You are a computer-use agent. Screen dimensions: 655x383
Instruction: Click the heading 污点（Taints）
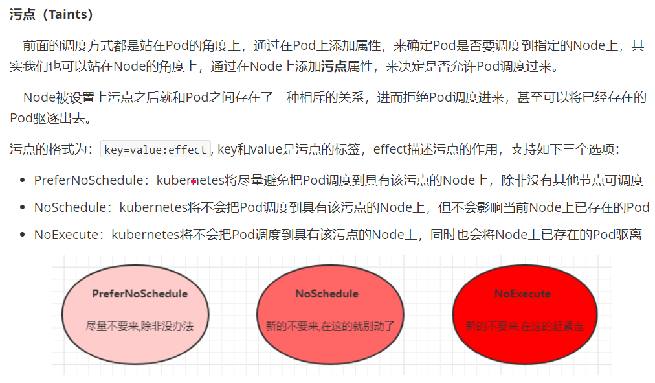coord(51,14)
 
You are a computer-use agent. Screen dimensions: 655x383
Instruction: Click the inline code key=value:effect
coord(155,150)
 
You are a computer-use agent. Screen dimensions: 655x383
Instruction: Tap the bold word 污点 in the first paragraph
coord(334,65)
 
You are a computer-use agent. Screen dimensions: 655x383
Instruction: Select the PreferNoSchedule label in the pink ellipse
coord(140,294)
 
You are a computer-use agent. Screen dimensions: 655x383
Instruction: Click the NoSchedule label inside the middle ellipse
coord(327,294)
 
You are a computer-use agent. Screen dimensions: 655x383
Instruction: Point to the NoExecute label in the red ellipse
coord(522,294)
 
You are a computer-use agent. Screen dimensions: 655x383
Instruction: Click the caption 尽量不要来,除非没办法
coord(140,325)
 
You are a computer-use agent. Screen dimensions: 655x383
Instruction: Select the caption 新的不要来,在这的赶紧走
coord(524,326)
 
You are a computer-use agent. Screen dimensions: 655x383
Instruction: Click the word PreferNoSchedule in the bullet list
coord(87,181)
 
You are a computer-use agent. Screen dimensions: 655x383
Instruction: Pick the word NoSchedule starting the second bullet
coord(69,207)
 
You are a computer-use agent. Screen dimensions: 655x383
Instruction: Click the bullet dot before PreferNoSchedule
coord(23,181)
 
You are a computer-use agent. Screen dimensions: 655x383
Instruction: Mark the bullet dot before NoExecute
coord(23,235)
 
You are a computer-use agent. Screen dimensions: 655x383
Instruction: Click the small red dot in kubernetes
coord(194,181)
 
